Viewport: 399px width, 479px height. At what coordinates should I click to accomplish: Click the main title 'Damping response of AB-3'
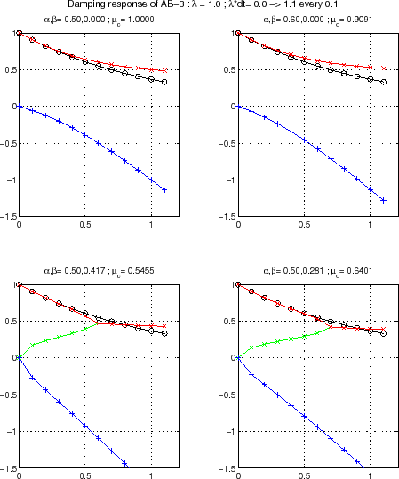click(199, 5)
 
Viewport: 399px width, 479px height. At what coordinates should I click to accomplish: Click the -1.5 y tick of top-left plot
click(8, 216)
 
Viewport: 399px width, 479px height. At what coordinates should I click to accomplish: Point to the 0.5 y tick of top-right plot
click(227, 69)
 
